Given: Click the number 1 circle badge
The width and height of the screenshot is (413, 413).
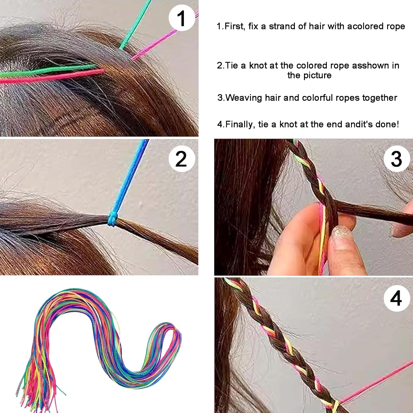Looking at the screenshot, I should [181, 18].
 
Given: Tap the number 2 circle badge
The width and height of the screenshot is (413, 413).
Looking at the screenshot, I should [181, 159].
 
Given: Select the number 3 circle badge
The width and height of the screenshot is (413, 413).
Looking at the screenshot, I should [396, 159].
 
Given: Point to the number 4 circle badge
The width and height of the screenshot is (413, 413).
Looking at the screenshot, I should [396, 298].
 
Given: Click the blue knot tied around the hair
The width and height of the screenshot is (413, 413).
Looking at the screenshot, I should [112, 219].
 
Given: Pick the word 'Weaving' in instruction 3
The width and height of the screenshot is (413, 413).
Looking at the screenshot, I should [243, 98].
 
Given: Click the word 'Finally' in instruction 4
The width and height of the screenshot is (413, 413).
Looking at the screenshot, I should [240, 124].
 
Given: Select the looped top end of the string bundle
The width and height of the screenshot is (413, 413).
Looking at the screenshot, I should [176, 330].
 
